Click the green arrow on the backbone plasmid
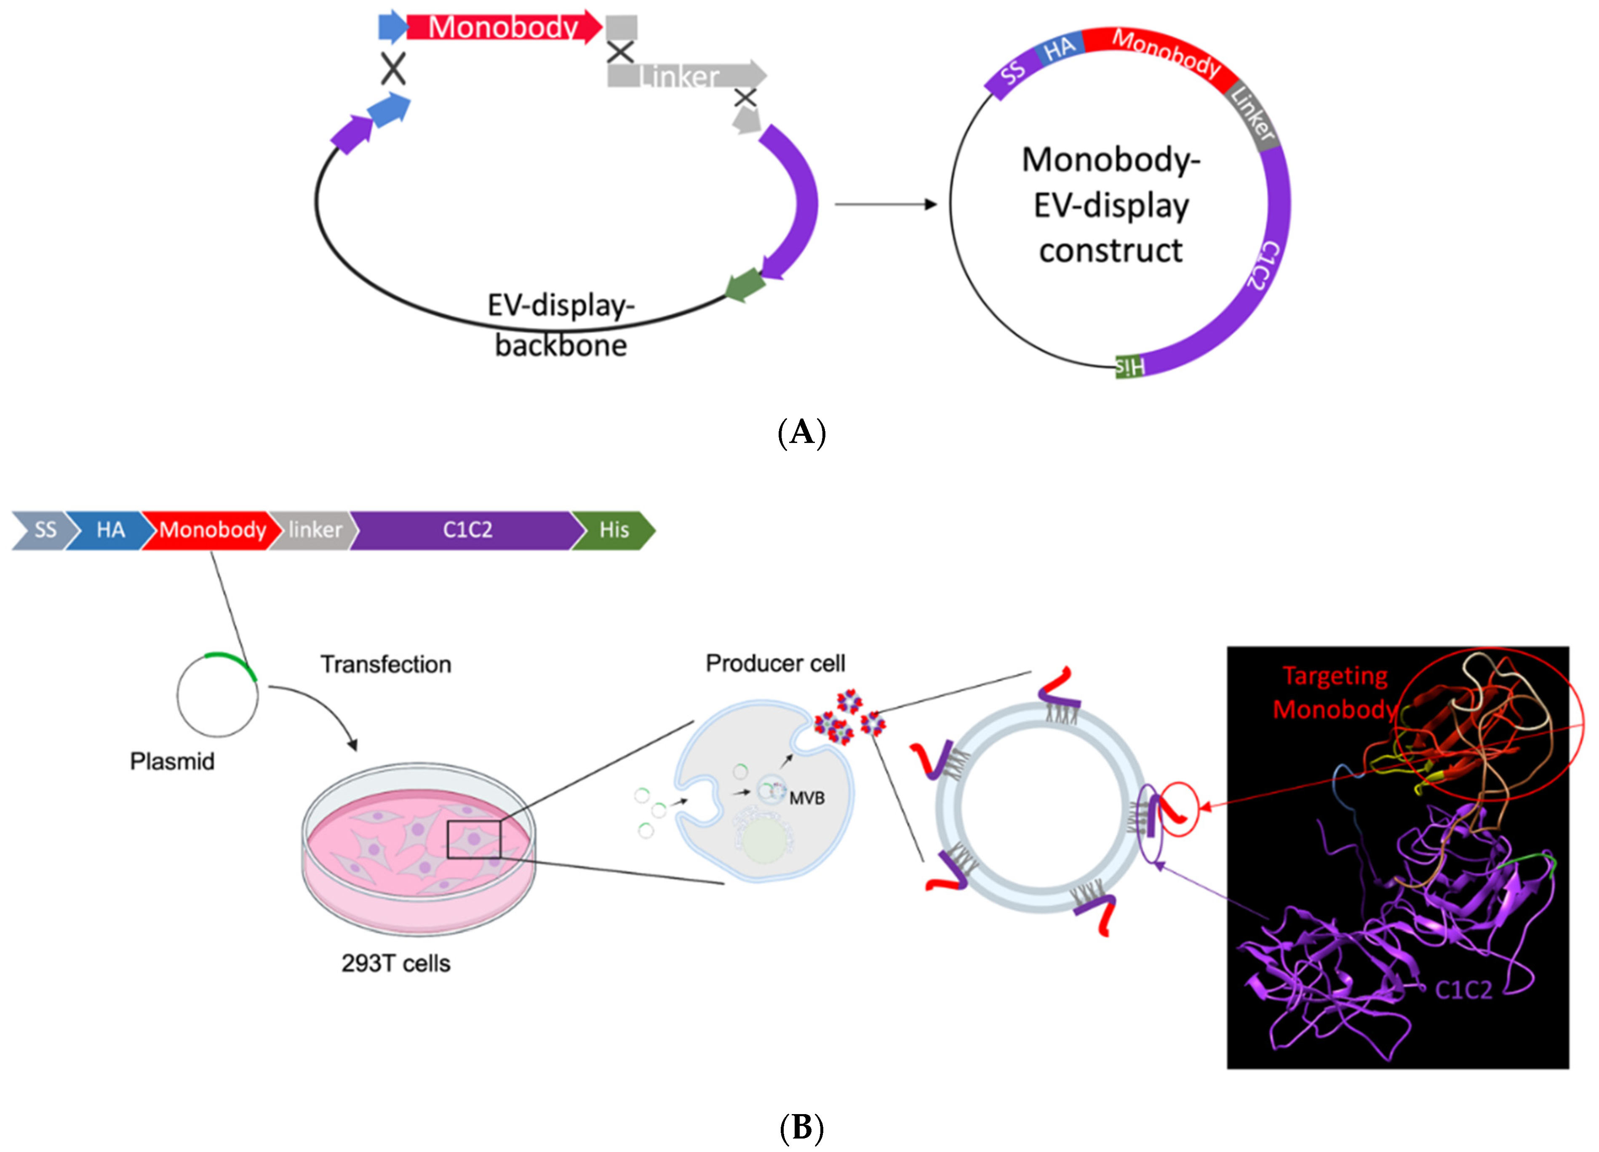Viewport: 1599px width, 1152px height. tap(745, 285)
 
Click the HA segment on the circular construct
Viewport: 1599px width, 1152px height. tap(1059, 49)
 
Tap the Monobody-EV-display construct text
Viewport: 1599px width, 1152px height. tap(1111, 205)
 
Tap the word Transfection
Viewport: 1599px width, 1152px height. tap(386, 664)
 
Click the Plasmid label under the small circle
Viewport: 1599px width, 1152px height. tap(172, 761)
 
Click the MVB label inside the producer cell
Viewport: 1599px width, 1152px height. tap(806, 798)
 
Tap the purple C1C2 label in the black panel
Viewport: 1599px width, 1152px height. tap(1464, 990)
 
